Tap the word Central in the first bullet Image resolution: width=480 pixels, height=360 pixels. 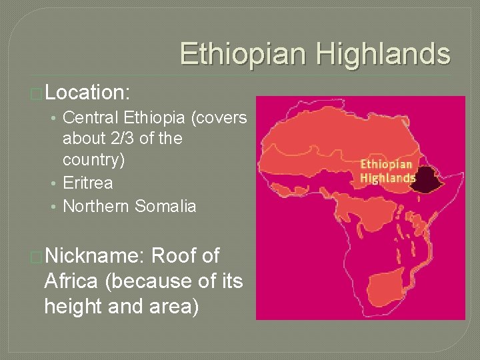click(x=91, y=118)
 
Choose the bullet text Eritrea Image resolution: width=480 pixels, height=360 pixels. click(x=87, y=183)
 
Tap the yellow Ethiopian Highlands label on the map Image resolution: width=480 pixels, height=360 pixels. click(x=387, y=171)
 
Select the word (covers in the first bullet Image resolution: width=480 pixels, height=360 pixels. click(x=219, y=118)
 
